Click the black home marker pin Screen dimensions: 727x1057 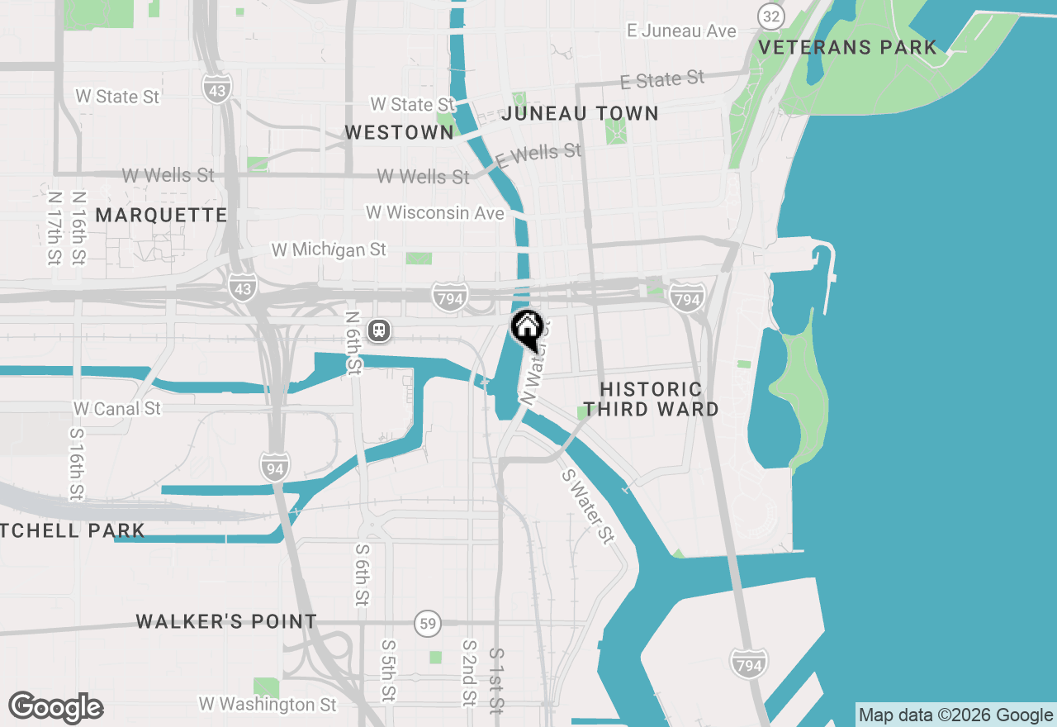click(x=527, y=330)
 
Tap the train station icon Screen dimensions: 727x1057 click(x=380, y=330)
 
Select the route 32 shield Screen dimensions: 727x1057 click(x=771, y=15)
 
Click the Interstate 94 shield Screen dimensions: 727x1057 click(x=275, y=468)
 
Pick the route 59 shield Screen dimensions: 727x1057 click(x=428, y=624)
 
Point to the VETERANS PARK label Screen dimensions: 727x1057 click(x=847, y=47)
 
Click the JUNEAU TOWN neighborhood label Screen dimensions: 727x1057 click(x=581, y=113)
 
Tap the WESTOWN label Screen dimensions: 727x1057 click(x=399, y=132)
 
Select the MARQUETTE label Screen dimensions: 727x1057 click(x=161, y=215)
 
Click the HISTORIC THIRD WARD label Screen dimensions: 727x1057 click(x=652, y=398)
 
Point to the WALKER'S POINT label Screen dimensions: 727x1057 click(x=226, y=621)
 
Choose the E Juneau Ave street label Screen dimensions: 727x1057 click(x=681, y=31)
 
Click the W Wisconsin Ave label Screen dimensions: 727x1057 click(x=435, y=212)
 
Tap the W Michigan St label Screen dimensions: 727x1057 click(x=329, y=249)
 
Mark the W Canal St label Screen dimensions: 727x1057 click(x=117, y=408)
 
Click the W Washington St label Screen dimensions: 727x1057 click(x=268, y=704)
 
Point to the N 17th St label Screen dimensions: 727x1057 click(x=55, y=229)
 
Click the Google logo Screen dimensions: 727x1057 click(x=56, y=707)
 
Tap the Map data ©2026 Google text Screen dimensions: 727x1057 click(x=955, y=715)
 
